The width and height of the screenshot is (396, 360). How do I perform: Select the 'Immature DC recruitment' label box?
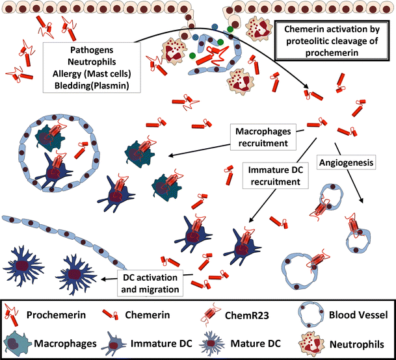coord(277,175)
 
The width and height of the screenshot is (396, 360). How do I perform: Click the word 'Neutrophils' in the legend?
coord(356,342)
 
